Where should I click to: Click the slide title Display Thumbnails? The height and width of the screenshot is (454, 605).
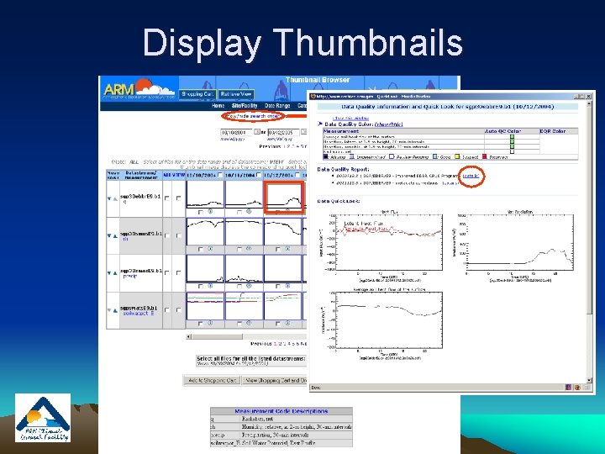[302, 42]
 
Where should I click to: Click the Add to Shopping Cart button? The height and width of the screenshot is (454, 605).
[211, 380]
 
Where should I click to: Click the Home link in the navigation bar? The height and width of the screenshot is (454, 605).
[218, 106]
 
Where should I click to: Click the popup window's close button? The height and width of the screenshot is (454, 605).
[589, 96]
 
